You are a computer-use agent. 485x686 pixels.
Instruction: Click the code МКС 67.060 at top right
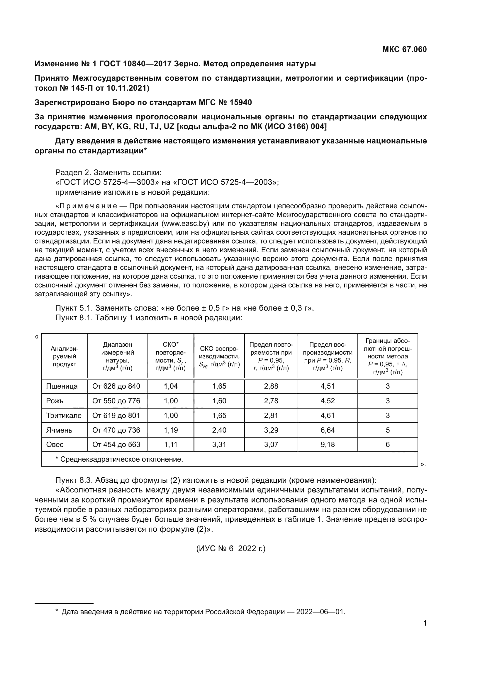pos(404,49)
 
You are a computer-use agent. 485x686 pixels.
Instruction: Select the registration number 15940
pos(241,102)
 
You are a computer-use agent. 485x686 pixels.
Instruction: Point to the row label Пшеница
pos(62,386)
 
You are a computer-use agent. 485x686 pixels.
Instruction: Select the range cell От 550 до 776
pos(116,401)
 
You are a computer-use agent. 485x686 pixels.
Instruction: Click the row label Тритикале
pos(64,416)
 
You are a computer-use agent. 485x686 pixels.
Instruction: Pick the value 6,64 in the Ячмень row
pos(328,430)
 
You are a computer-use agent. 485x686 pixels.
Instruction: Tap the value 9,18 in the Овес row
pos(328,445)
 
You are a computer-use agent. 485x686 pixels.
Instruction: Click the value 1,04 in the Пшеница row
pos(171,386)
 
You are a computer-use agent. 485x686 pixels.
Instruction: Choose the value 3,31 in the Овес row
pos(219,445)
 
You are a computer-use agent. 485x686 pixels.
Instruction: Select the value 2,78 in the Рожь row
pos(271,401)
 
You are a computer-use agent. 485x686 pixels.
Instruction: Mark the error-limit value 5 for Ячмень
pos(388,430)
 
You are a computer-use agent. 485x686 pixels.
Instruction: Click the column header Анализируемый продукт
pos(65,356)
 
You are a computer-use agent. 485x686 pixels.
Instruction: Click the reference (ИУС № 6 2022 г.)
pos(231,548)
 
